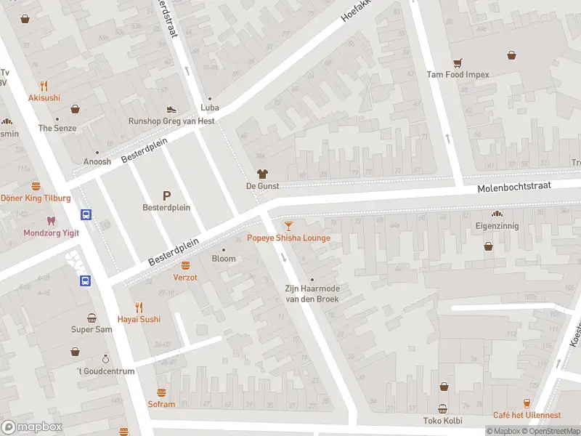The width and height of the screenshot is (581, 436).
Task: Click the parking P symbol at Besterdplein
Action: (166, 195)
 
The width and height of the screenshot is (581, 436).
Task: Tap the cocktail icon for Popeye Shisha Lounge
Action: (289, 226)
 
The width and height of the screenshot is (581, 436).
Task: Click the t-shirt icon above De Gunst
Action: (262, 174)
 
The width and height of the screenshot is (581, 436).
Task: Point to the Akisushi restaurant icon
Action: (44, 85)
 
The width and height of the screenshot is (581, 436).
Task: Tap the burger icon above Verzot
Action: (185, 265)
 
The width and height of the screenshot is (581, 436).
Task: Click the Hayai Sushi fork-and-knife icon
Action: (139, 307)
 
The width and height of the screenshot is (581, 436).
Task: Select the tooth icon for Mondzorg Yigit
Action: (50, 220)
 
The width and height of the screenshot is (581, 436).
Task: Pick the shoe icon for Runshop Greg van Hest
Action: (171, 109)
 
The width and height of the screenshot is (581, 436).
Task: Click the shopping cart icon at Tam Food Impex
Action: (458, 62)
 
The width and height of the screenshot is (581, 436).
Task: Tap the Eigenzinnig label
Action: (497, 226)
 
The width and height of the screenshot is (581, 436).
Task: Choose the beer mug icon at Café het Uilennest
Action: (527, 403)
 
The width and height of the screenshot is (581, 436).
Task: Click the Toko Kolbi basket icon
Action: (442, 408)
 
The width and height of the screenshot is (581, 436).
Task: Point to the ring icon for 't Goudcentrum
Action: (105, 359)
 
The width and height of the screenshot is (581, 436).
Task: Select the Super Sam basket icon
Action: (92, 318)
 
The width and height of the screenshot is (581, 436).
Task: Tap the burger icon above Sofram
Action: (161, 392)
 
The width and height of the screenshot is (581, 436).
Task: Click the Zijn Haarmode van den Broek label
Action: (312, 293)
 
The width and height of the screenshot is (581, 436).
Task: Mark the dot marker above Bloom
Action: (224, 250)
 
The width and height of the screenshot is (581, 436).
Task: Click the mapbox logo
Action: (32, 427)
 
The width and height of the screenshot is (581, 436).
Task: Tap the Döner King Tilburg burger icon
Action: (36, 186)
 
